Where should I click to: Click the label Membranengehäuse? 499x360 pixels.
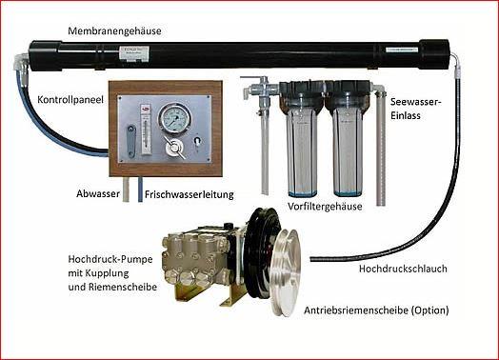point(114,31)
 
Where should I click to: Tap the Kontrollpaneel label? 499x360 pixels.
point(70,100)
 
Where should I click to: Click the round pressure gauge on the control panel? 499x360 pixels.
point(174,117)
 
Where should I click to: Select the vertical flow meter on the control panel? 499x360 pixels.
point(146,130)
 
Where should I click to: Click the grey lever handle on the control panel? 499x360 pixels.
point(130,141)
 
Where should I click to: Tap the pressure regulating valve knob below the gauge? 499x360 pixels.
point(174,149)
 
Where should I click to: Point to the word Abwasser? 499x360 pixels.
point(98,194)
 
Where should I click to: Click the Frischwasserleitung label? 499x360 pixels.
point(190,194)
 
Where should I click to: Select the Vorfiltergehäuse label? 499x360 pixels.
point(325,207)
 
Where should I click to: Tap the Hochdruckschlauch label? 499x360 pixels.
point(403,269)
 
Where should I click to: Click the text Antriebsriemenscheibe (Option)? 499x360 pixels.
point(376,310)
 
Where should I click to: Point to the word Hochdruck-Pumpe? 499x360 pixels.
point(110,259)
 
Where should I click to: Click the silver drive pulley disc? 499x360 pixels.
point(286,272)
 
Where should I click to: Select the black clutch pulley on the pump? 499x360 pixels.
point(262,253)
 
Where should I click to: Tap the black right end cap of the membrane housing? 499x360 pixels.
point(434,53)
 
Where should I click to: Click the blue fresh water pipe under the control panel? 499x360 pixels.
point(140,190)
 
